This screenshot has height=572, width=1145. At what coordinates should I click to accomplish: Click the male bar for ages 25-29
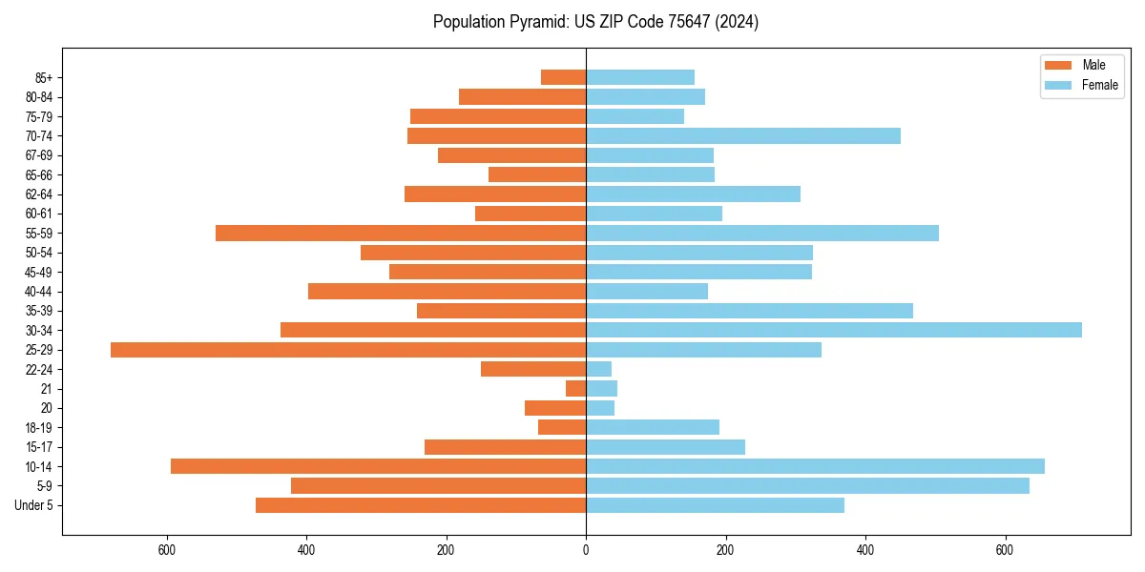click(x=348, y=350)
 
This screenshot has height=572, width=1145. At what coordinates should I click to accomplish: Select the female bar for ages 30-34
click(x=834, y=330)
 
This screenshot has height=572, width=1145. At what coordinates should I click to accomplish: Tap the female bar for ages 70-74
click(x=743, y=135)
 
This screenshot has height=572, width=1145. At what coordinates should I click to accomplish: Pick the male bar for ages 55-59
click(x=401, y=233)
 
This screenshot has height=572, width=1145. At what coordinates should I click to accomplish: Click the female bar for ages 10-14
click(x=815, y=466)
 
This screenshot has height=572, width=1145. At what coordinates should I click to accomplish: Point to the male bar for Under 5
click(x=421, y=505)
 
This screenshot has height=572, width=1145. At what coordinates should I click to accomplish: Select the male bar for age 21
click(x=575, y=389)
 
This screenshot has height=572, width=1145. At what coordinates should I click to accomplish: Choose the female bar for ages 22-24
click(x=598, y=369)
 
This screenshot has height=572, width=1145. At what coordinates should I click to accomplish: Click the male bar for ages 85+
click(x=563, y=77)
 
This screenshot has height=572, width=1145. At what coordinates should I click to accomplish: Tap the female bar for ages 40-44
click(x=647, y=292)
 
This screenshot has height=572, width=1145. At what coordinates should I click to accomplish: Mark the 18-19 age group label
click(x=39, y=428)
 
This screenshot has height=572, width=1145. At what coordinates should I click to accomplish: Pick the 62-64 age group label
click(x=39, y=194)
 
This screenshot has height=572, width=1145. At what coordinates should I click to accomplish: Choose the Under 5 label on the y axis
click(x=34, y=505)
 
